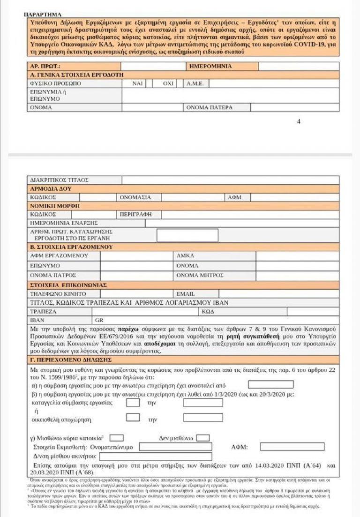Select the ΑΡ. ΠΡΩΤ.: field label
[45, 67]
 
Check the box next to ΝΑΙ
[149, 83]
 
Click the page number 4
[299, 122]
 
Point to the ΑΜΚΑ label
[185, 256]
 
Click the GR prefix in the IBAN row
[98, 321]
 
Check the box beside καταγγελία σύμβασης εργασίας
[133, 402]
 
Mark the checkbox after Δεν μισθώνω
[203, 438]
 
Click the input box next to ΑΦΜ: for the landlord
[299, 447]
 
